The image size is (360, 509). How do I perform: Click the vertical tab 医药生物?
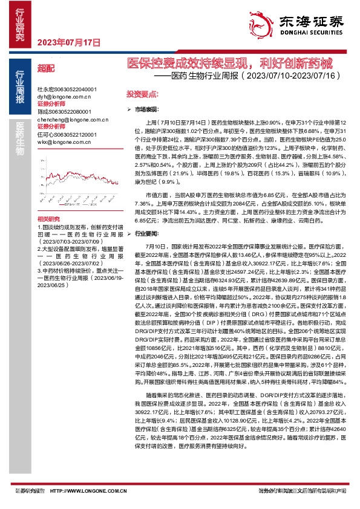coord(20,140)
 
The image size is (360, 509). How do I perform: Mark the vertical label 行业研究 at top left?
coord(20,24)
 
